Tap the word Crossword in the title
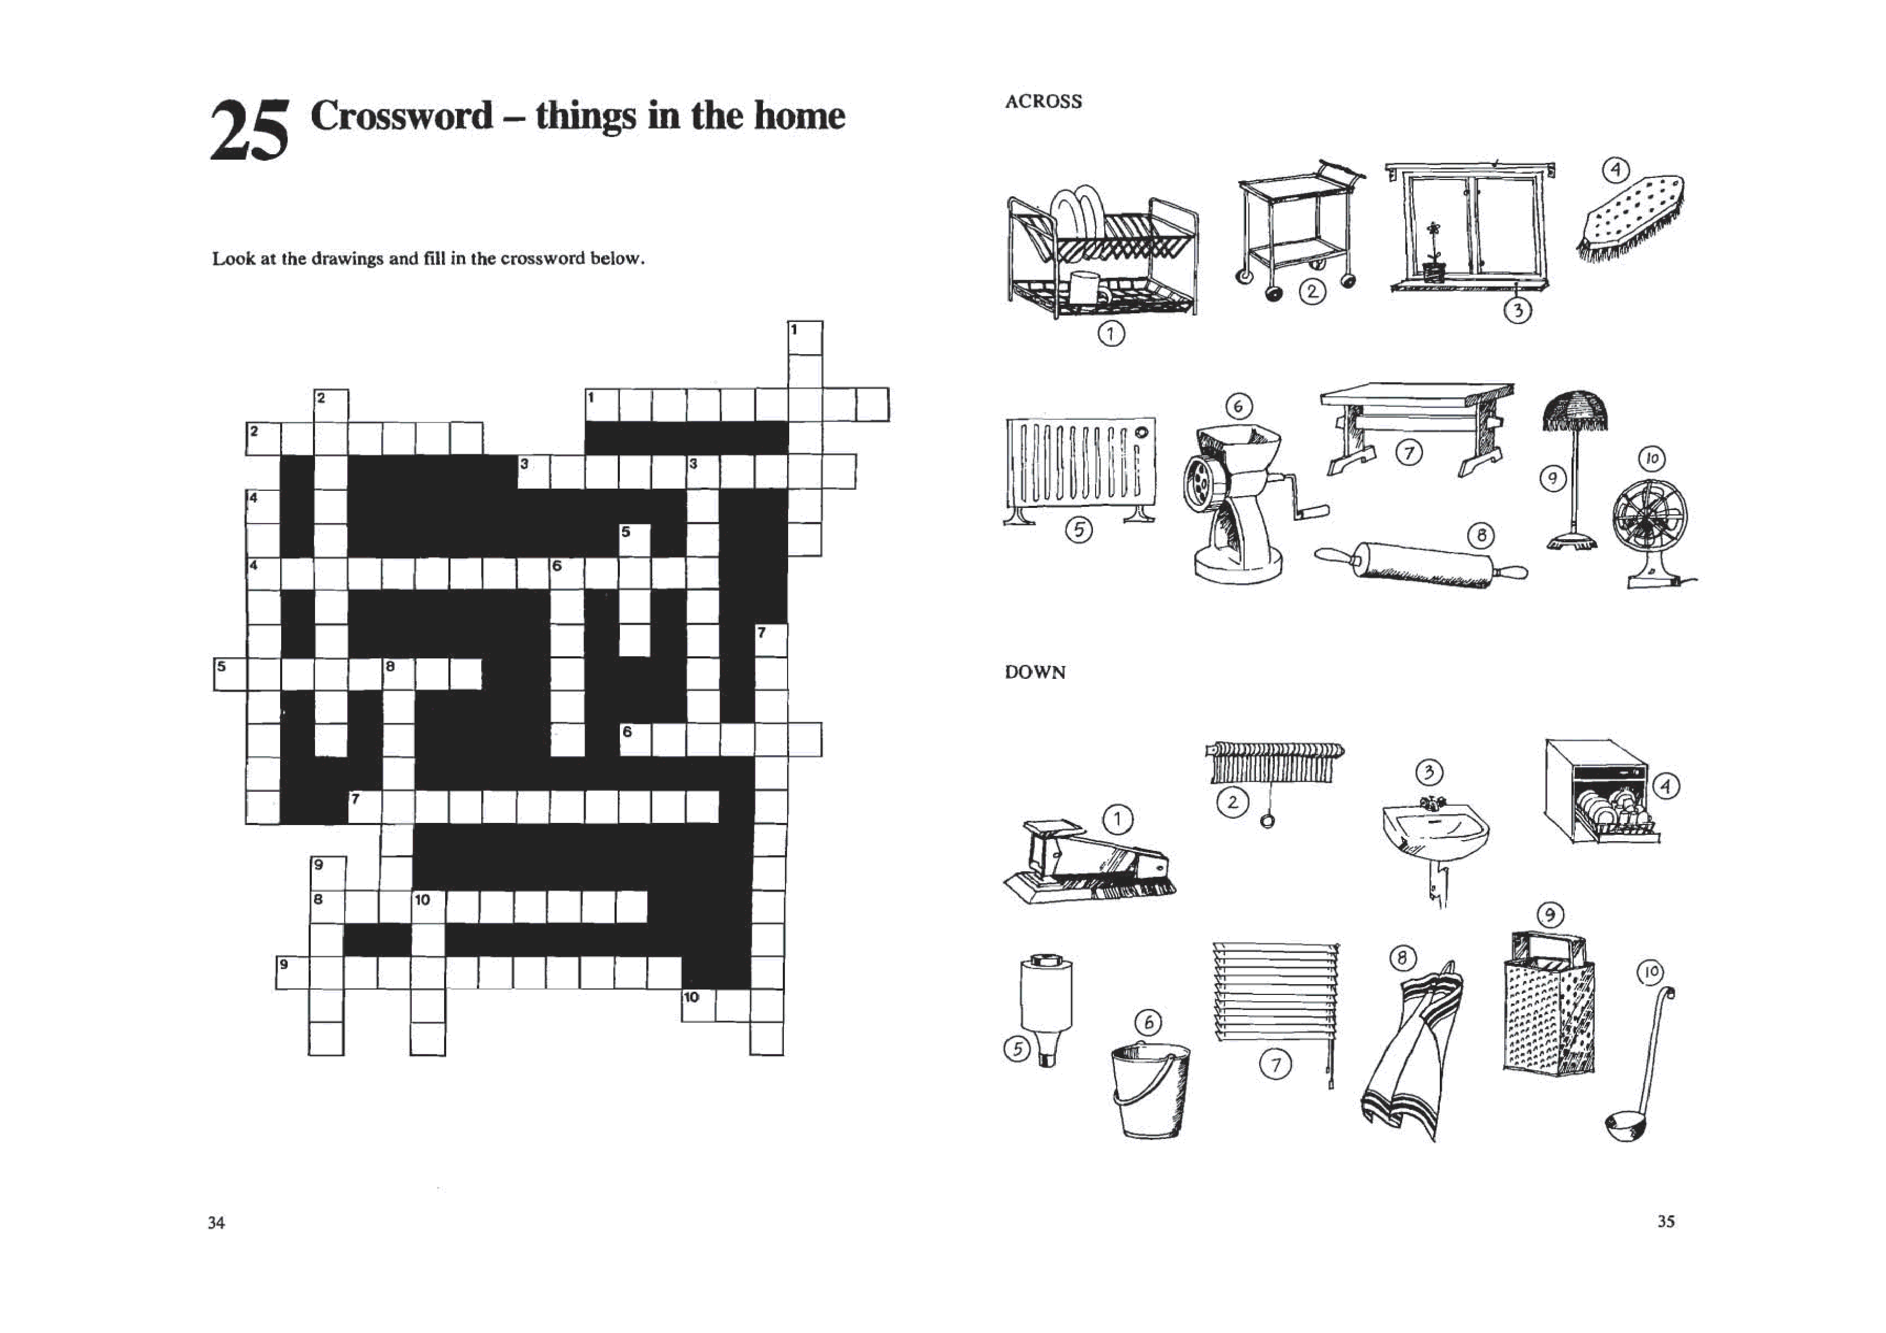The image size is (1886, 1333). click(x=402, y=115)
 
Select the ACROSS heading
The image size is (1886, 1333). click(x=1043, y=102)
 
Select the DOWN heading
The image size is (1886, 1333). click(x=1035, y=672)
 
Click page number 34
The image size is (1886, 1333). click(x=216, y=1222)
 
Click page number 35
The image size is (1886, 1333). click(x=1666, y=1221)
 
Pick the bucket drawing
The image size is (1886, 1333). click(x=1150, y=1091)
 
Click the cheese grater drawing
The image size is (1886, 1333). click(x=1548, y=1005)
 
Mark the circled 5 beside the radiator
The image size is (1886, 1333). click(x=1078, y=531)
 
